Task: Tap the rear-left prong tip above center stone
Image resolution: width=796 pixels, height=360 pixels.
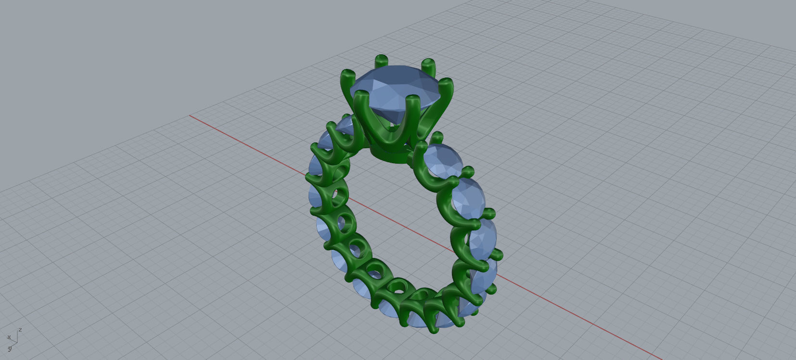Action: tap(381, 60)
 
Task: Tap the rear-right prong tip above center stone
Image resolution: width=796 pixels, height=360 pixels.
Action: tap(428, 63)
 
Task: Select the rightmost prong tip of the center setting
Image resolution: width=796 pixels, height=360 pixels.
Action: tap(447, 83)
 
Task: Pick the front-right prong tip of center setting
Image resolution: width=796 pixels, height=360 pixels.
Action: tap(412, 100)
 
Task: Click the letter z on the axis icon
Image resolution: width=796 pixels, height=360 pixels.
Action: tap(20, 330)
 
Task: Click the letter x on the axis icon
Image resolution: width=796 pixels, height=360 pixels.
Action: tap(9, 337)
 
